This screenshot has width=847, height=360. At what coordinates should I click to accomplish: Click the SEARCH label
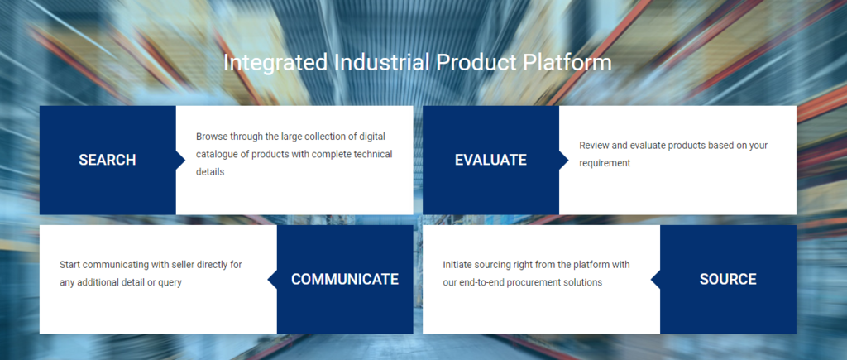pos(107,160)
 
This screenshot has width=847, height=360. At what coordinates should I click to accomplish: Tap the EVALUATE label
pos(490,160)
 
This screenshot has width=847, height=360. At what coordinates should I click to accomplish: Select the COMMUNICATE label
pos(345,279)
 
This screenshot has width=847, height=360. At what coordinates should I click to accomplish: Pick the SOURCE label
pos(728,279)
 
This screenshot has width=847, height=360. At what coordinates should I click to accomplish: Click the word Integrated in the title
pos(275,63)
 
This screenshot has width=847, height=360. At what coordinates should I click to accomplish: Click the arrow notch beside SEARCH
pos(180,160)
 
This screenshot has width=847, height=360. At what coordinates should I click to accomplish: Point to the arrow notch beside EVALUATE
pos(563,160)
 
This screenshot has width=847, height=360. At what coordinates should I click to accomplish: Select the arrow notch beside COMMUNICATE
pos(272,280)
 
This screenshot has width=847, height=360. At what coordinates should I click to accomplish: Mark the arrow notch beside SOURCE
pos(655,280)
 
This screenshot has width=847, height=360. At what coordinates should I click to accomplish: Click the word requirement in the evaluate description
pos(605,163)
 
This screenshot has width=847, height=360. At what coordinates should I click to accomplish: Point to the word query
pos(170,283)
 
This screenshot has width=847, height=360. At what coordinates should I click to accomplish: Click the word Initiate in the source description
pos(457,265)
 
